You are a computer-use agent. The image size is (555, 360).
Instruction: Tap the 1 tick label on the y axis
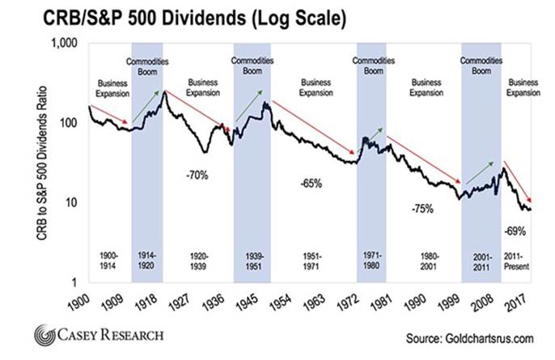click(78, 282)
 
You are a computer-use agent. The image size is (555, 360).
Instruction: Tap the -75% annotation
click(421, 208)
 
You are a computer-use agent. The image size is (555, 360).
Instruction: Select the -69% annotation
click(517, 231)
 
